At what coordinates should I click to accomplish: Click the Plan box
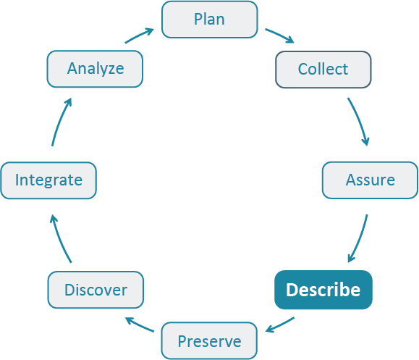click(209, 20)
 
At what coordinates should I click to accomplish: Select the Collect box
click(323, 70)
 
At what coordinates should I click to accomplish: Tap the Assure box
click(369, 180)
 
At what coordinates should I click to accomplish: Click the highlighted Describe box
click(323, 290)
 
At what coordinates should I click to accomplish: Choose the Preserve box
click(209, 340)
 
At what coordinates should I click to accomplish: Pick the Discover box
click(96, 290)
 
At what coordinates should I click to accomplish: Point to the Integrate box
click(48, 180)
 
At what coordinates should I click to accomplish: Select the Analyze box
click(96, 70)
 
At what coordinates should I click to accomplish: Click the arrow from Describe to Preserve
click(280, 325)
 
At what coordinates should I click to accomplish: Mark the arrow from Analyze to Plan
click(139, 36)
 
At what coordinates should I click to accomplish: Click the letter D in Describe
click(292, 290)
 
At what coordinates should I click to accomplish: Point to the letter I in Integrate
click(17, 180)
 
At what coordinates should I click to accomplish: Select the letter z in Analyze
click(109, 70)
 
